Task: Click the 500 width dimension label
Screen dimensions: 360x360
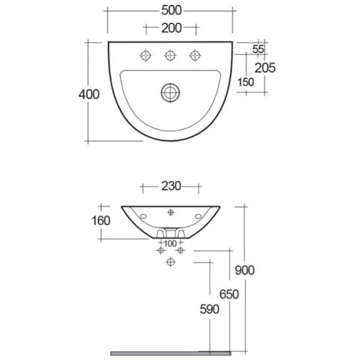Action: (171, 10)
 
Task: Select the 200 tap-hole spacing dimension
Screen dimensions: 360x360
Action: (171, 28)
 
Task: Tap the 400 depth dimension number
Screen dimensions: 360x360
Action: (89, 94)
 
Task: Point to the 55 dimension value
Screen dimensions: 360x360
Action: (258, 49)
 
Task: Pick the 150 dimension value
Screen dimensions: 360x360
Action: (246, 82)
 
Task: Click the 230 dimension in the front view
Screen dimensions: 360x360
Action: (171, 186)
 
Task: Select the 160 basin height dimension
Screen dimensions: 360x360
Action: (101, 221)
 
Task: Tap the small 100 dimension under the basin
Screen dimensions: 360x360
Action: (170, 244)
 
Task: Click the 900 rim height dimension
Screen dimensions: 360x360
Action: (245, 270)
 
